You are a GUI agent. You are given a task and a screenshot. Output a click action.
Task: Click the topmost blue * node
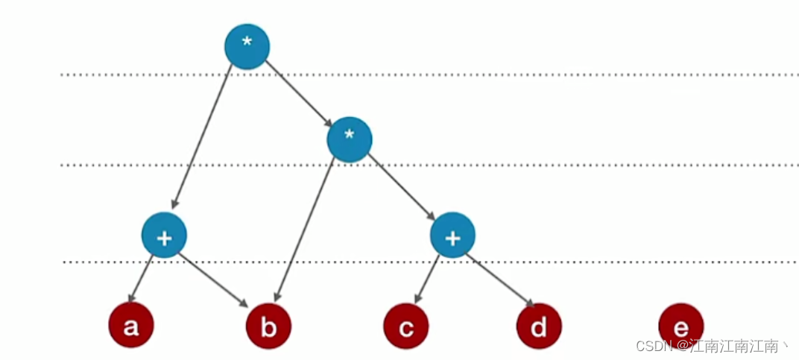247,47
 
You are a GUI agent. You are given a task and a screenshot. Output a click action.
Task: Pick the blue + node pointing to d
452,236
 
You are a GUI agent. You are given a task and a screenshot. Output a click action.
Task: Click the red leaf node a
131,326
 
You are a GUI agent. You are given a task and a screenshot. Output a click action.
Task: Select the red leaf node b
269,326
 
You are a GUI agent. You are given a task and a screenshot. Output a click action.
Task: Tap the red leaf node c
406,326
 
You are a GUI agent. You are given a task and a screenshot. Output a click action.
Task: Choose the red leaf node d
539,326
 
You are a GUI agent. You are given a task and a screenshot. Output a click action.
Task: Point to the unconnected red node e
680,326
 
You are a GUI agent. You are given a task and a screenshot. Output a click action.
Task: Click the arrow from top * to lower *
298,92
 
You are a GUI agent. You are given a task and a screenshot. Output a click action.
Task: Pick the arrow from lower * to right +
401,187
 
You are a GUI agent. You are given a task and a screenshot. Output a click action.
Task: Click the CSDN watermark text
712,346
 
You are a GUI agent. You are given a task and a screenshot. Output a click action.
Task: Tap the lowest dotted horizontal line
596,262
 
